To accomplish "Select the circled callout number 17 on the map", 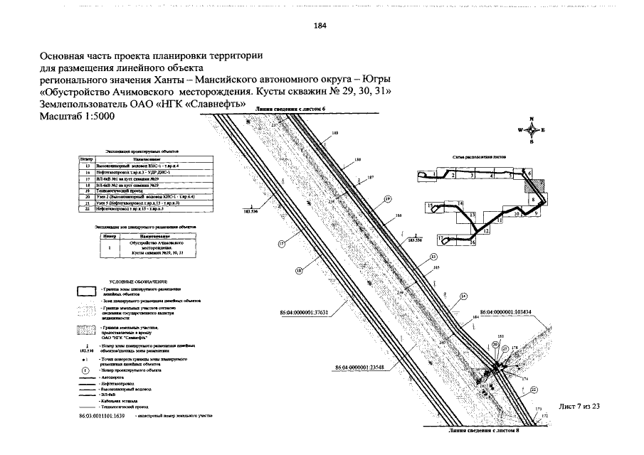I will tap(281, 243).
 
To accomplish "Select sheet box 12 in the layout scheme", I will tap(486, 231).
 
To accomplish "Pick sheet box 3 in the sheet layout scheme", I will tap(471, 174).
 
